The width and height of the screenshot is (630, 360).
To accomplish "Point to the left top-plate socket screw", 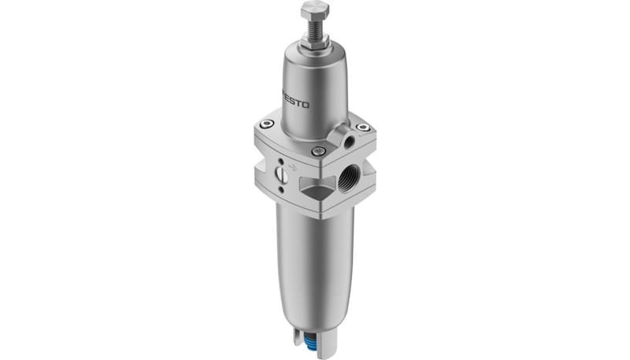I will (267, 124).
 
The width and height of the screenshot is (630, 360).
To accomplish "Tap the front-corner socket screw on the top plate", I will (317, 151).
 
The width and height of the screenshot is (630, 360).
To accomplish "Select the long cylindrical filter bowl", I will (314, 260).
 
